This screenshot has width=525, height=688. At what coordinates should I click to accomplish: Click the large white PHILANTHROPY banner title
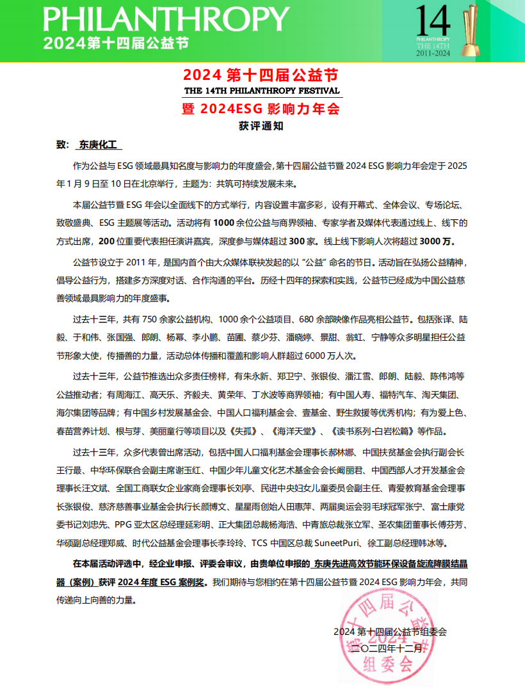(163, 19)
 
